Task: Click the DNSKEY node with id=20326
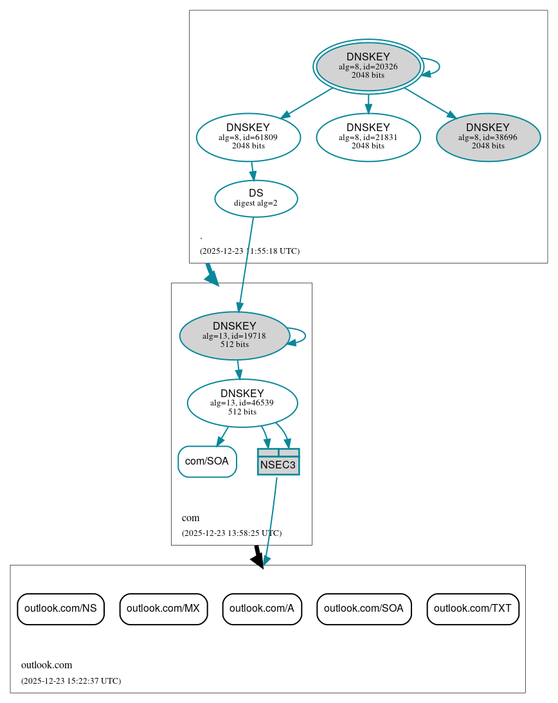point(368,66)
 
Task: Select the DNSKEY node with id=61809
point(248,137)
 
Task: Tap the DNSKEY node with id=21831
point(368,137)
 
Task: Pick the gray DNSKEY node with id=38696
point(488,137)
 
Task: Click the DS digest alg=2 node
point(256,198)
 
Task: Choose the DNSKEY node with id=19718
point(234,335)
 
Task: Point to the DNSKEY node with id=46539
point(242,403)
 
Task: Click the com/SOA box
point(207,461)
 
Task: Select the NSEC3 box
point(278,462)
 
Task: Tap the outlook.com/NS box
point(60,609)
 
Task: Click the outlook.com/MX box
point(163,609)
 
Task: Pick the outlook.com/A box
point(262,609)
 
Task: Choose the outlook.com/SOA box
point(364,609)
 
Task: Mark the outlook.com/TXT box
point(473,609)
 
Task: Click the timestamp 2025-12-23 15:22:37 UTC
point(71,681)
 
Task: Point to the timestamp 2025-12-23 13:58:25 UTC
point(231,533)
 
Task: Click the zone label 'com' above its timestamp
point(191,518)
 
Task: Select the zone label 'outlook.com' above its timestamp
point(47,665)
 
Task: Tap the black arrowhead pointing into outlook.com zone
point(258,560)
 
